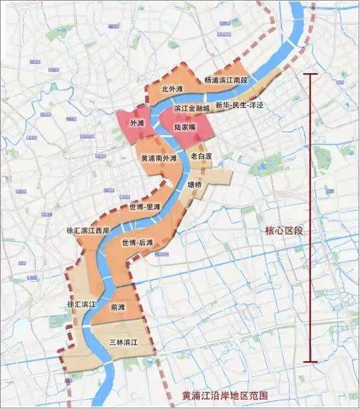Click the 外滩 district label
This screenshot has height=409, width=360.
(137, 124)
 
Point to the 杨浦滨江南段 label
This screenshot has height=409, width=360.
(226, 79)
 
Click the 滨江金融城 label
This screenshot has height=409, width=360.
(192, 107)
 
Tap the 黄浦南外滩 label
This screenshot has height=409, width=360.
(159, 159)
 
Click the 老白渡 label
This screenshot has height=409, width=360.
(200, 156)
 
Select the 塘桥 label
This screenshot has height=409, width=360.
(194, 186)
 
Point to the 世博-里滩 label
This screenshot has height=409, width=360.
(145, 207)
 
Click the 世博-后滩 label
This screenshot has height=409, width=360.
(138, 243)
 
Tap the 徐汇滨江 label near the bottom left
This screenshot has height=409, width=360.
(82, 304)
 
